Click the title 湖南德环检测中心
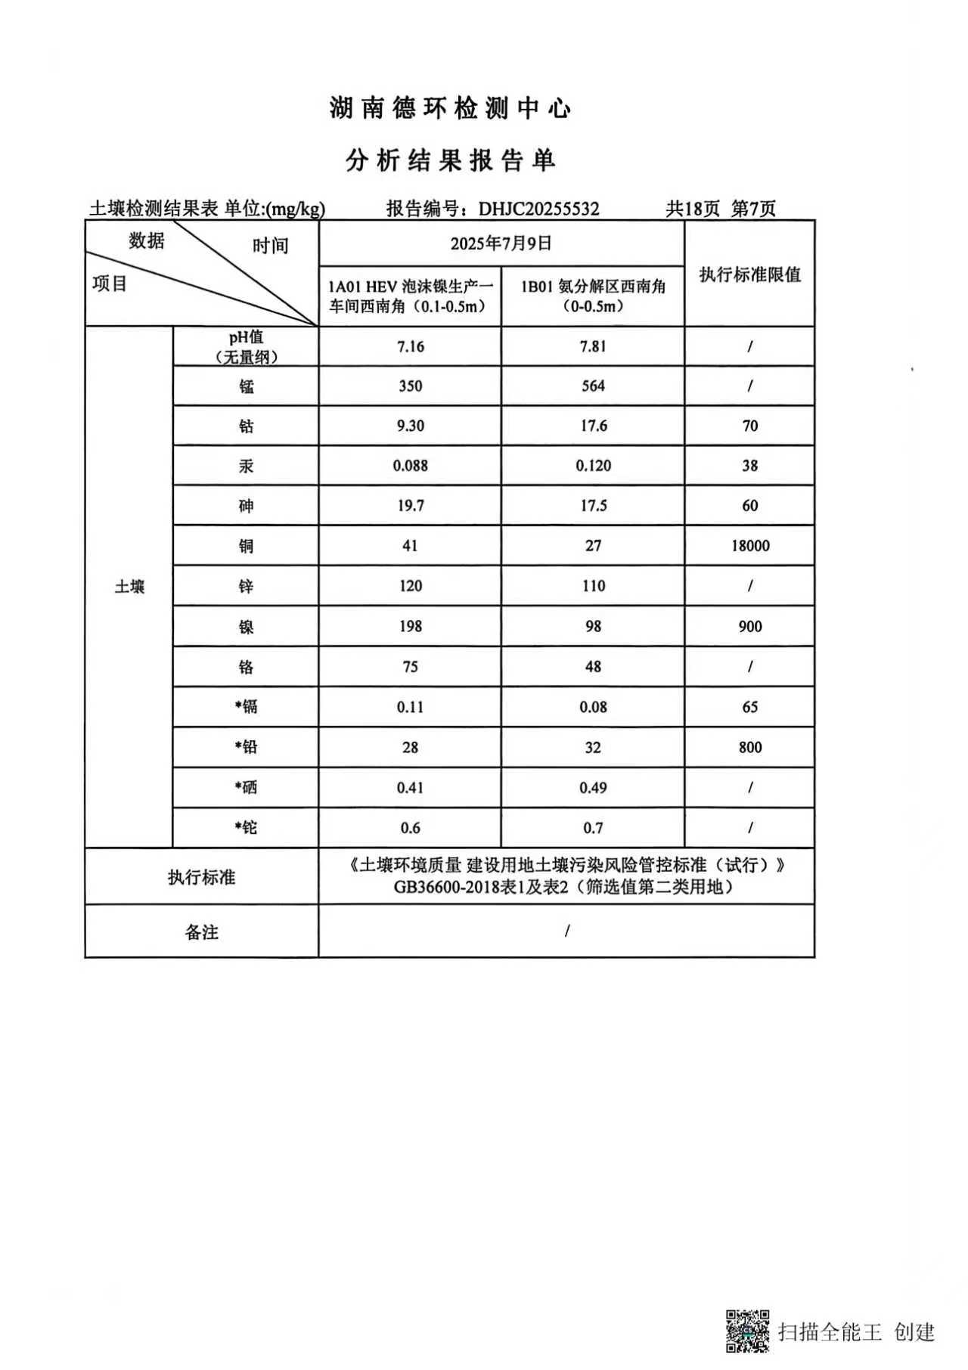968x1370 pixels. pyautogui.click(x=450, y=109)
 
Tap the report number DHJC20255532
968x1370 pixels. pyautogui.click(x=538, y=209)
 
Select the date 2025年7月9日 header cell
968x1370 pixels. pyautogui.click(x=501, y=243)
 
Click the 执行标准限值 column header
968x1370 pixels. pyautogui.click(x=749, y=274)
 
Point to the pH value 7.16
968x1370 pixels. pyautogui.click(x=411, y=346)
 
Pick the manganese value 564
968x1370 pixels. pyautogui.click(x=593, y=386)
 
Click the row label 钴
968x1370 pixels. pyautogui.click(x=246, y=426)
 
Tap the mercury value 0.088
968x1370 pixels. pyautogui.click(x=411, y=466)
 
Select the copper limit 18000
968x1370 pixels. pyautogui.click(x=749, y=546)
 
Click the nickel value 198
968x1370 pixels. pyautogui.click(x=411, y=626)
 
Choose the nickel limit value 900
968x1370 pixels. pyautogui.click(x=749, y=626)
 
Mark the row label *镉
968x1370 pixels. pyautogui.click(x=246, y=707)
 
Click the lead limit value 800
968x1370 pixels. pyautogui.click(x=749, y=747)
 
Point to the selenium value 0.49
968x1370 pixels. pyautogui.click(x=593, y=788)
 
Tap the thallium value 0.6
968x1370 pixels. pyautogui.click(x=411, y=828)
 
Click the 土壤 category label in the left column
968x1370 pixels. pyautogui.click(x=129, y=587)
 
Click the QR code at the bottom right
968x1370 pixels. pyautogui.click(x=748, y=1331)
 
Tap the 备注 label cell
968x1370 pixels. pyautogui.click(x=201, y=932)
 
